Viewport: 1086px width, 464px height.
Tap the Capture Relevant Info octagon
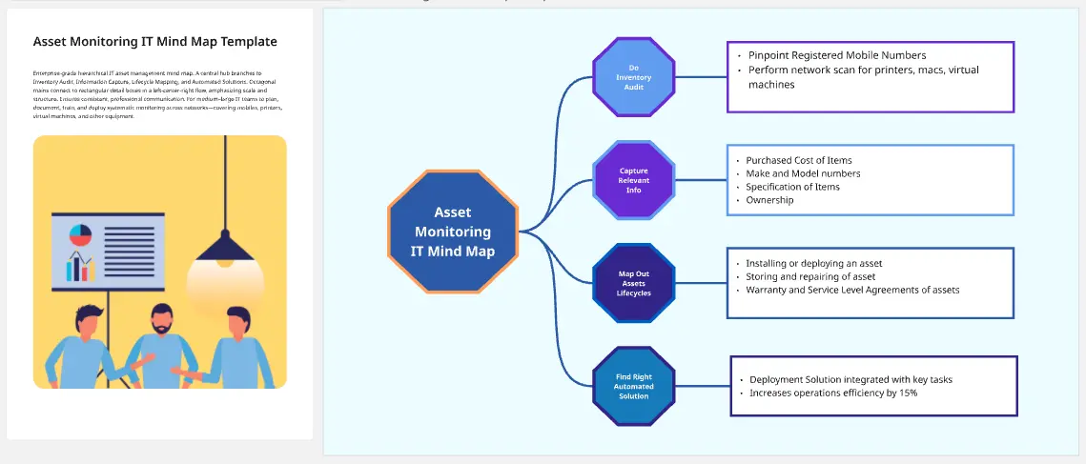(x=633, y=180)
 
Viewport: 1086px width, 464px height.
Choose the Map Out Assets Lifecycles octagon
(x=633, y=283)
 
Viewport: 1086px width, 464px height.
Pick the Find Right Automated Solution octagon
(x=633, y=386)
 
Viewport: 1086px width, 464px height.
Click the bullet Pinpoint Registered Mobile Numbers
(x=836, y=55)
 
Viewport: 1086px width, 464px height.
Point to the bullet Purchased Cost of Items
(x=798, y=160)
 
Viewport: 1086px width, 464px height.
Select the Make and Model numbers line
(x=803, y=173)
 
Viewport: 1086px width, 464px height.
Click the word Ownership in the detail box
(x=769, y=200)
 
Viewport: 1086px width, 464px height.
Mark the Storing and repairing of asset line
(x=810, y=276)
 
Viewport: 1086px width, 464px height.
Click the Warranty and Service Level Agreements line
(x=852, y=290)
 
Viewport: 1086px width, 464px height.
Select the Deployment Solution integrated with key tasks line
(x=850, y=379)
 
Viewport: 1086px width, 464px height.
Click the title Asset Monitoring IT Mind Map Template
(x=155, y=42)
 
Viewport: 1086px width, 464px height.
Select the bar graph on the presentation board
(x=79, y=268)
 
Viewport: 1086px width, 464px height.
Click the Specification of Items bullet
(x=792, y=187)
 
